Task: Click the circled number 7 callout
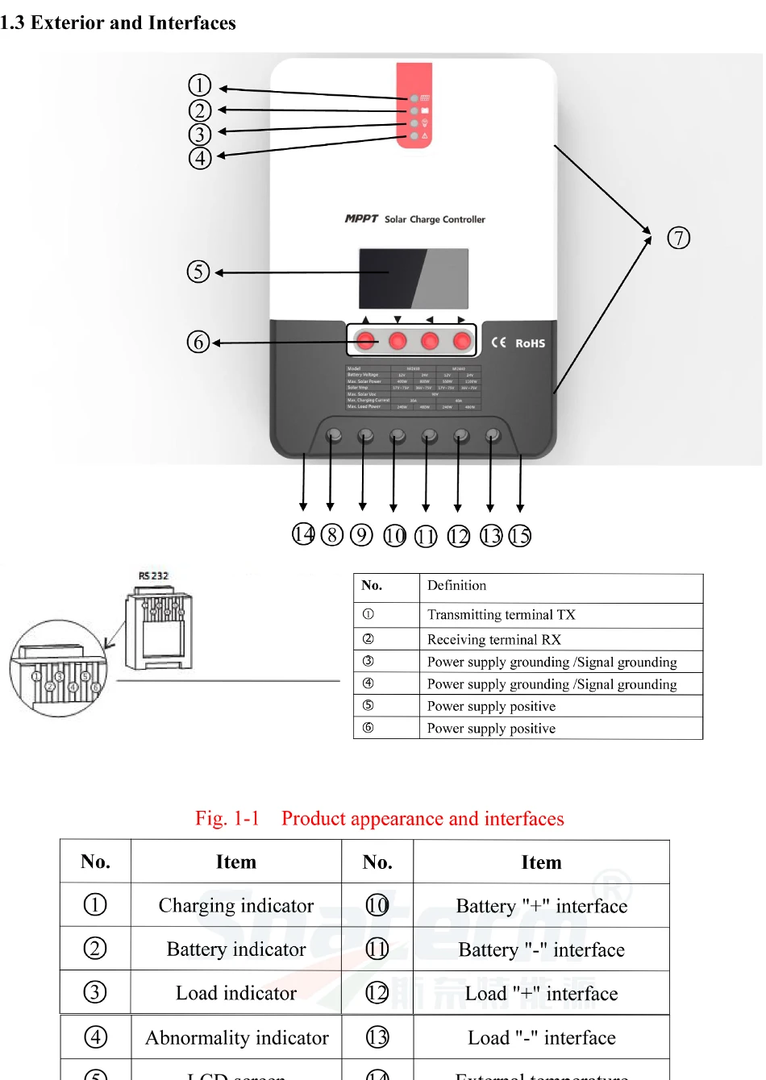(x=679, y=239)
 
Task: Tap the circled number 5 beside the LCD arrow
(x=198, y=272)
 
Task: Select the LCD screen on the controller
(x=414, y=278)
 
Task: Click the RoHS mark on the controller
(x=530, y=343)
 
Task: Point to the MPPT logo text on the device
(x=361, y=218)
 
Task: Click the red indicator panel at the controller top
(x=414, y=106)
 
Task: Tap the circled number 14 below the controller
(x=303, y=534)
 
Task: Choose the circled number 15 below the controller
(x=520, y=536)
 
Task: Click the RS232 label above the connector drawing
(x=153, y=575)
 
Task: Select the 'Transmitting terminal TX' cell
(x=502, y=615)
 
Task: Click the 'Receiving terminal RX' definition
(x=494, y=640)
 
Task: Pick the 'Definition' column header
(x=457, y=586)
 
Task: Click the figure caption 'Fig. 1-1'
(x=227, y=819)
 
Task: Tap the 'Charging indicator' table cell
(x=236, y=906)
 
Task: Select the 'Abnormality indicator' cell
(x=237, y=1038)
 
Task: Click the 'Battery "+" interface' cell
(x=541, y=907)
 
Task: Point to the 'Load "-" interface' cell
(x=541, y=1038)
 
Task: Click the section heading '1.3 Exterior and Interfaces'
(x=119, y=23)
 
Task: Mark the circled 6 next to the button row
(x=198, y=343)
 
